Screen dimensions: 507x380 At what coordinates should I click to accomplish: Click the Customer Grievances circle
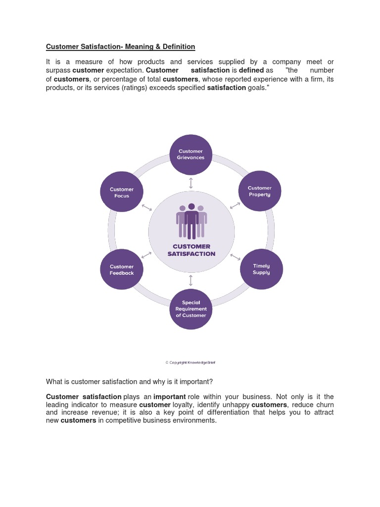click(190, 154)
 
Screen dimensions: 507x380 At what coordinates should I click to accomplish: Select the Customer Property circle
click(260, 191)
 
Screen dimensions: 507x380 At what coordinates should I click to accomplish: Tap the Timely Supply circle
click(261, 269)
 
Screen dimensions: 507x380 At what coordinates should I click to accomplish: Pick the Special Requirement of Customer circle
click(190, 309)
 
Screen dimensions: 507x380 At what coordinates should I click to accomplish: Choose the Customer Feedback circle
click(122, 270)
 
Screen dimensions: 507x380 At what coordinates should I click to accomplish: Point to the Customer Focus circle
click(122, 192)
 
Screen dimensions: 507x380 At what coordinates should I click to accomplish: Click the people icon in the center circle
click(191, 221)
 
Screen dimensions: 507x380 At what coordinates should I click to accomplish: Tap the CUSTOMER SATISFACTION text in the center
click(191, 250)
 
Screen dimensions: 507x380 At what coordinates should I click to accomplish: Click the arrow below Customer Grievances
click(191, 183)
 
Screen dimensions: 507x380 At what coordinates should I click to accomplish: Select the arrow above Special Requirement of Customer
click(191, 281)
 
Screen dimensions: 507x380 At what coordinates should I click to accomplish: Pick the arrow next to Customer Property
click(235, 205)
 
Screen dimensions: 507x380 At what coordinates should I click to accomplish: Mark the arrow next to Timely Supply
click(236, 257)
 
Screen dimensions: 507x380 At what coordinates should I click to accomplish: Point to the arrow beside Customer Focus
click(147, 206)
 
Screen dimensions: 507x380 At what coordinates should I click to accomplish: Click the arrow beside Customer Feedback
click(146, 255)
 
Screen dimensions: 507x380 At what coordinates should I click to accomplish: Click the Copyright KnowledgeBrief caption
click(190, 362)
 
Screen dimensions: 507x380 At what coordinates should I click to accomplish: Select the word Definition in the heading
click(179, 47)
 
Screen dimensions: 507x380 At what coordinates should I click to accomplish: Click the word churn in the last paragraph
click(324, 405)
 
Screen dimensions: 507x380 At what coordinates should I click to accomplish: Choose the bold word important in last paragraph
click(170, 397)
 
